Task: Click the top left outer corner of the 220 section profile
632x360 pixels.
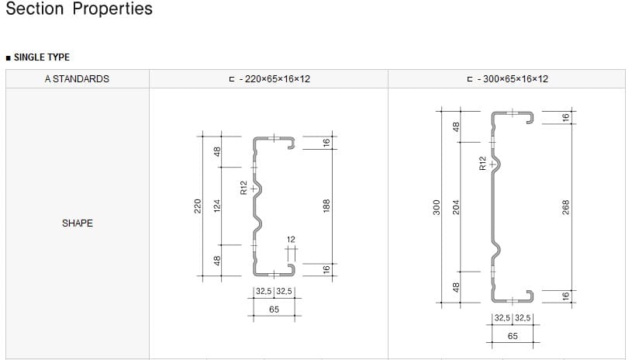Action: pyautogui.click(x=254, y=137)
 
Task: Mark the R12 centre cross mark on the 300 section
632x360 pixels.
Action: pyautogui.click(x=492, y=164)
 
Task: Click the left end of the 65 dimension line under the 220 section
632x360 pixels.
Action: pyautogui.click(x=254, y=316)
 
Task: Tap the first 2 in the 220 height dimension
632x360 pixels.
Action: pyautogui.click(x=198, y=210)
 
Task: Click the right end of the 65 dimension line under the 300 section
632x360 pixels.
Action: pyautogui.click(x=534, y=343)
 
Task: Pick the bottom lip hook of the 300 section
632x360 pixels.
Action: pyautogui.click(x=530, y=296)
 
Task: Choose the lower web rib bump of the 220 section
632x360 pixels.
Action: pyautogui.click(x=258, y=223)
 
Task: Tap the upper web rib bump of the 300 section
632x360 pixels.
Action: pyautogui.click(x=496, y=164)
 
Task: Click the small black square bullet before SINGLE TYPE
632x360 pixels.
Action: pyautogui.click(x=8, y=58)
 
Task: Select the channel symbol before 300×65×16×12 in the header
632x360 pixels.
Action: pyautogui.click(x=470, y=79)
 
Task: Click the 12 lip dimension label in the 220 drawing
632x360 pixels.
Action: pyautogui.click(x=291, y=240)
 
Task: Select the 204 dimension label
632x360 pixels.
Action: pyautogui.click(x=456, y=207)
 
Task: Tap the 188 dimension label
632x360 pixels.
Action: pyautogui.click(x=326, y=206)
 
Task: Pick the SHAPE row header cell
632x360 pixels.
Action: pyautogui.click(x=78, y=223)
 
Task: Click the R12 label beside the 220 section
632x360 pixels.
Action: pyautogui.click(x=243, y=188)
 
